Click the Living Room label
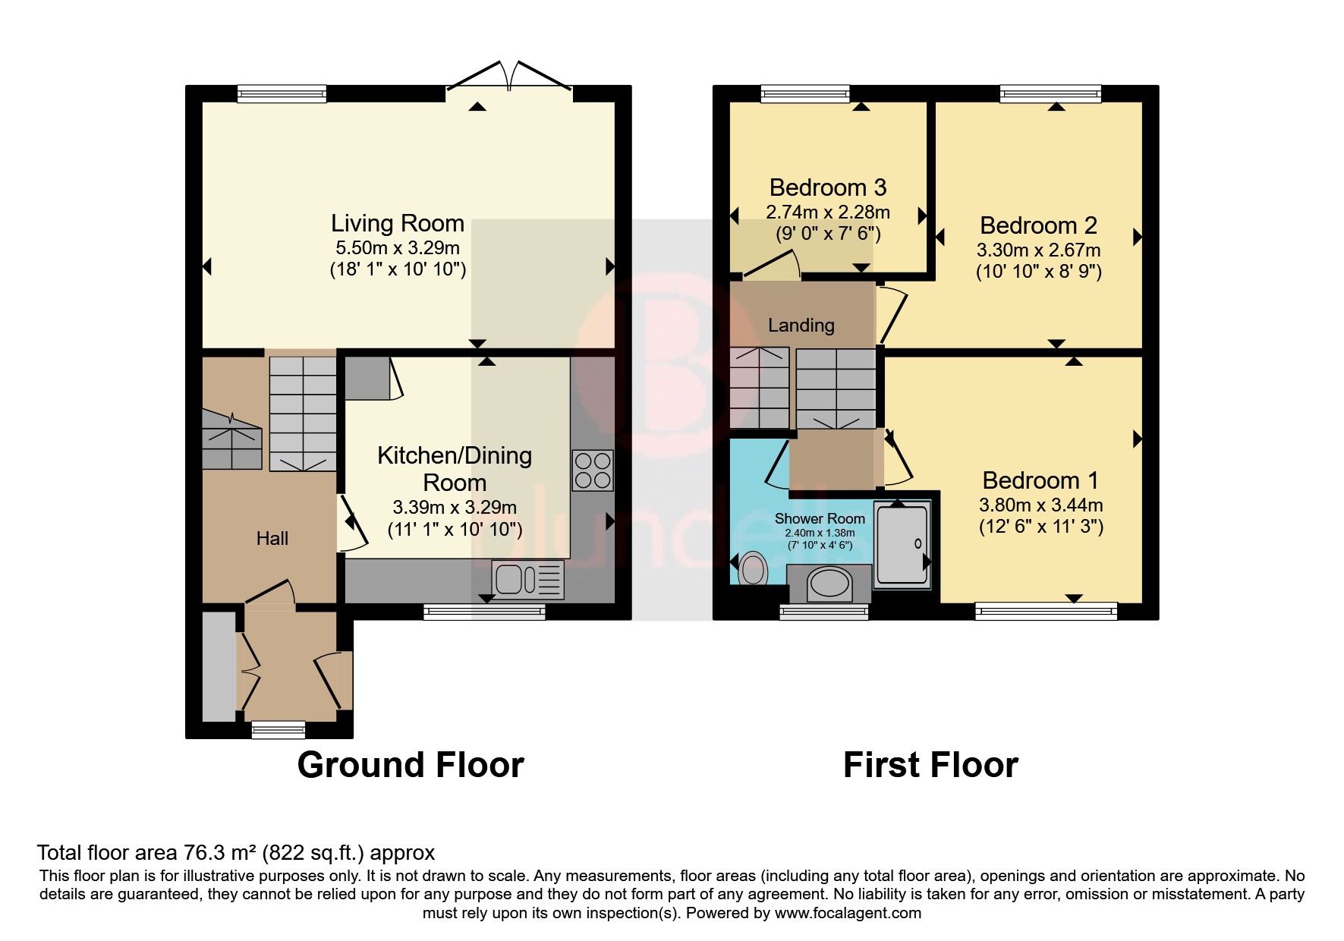click(x=397, y=223)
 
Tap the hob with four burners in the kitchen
click(x=592, y=470)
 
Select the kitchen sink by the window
click(x=527, y=580)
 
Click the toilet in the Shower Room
click(x=752, y=568)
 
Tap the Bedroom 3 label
click(x=827, y=187)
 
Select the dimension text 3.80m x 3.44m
click(x=1040, y=505)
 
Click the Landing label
click(x=801, y=326)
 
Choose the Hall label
click(x=272, y=539)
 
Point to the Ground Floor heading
click(x=411, y=765)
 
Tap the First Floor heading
click(x=930, y=765)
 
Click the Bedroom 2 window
click(x=1050, y=94)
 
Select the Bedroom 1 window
click(x=1046, y=610)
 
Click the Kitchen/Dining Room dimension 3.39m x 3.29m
click(x=455, y=507)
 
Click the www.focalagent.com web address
click(x=848, y=913)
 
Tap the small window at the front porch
click(x=279, y=730)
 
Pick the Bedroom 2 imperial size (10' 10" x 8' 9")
click(x=1038, y=271)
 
